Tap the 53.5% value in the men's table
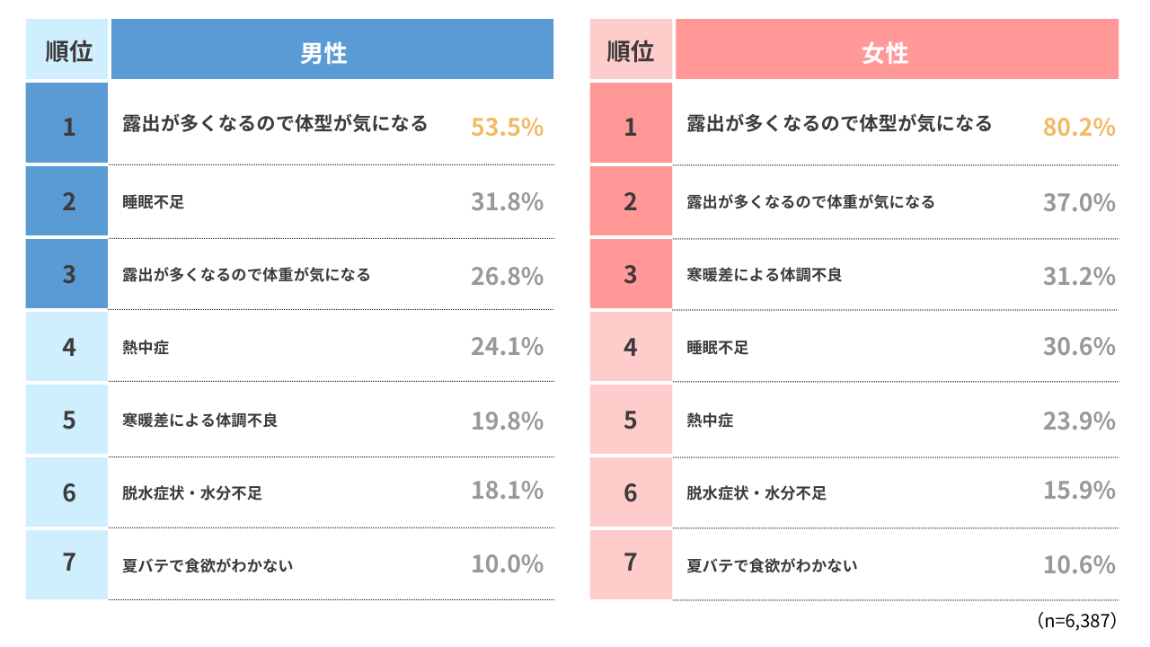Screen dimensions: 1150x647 click(x=508, y=127)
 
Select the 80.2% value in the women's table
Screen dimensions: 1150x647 click(x=1079, y=127)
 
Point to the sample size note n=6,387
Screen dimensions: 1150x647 click(x=1076, y=620)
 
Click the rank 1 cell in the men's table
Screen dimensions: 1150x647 click(x=66, y=123)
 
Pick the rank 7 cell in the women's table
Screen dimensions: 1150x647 click(x=631, y=564)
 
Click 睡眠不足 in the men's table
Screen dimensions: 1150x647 click(x=153, y=202)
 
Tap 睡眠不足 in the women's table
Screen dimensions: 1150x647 click(x=718, y=348)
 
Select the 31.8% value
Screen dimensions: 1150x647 click(x=508, y=202)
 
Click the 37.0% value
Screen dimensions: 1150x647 click(x=1079, y=202)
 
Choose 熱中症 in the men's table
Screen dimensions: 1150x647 click(x=146, y=348)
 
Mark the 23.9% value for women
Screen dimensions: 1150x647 click(x=1079, y=421)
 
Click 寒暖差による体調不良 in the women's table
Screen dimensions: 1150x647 click(x=765, y=275)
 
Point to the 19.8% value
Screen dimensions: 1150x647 click(x=508, y=421)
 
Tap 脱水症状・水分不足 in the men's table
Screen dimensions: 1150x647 click(x=192, y=493)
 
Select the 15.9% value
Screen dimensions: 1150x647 click(x=1079, y=491)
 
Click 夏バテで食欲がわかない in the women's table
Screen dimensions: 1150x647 click(x=772, y=565)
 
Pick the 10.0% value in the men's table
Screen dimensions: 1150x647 click(x=508, y=563)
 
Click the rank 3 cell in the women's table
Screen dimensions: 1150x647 click(x=631, y=274)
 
